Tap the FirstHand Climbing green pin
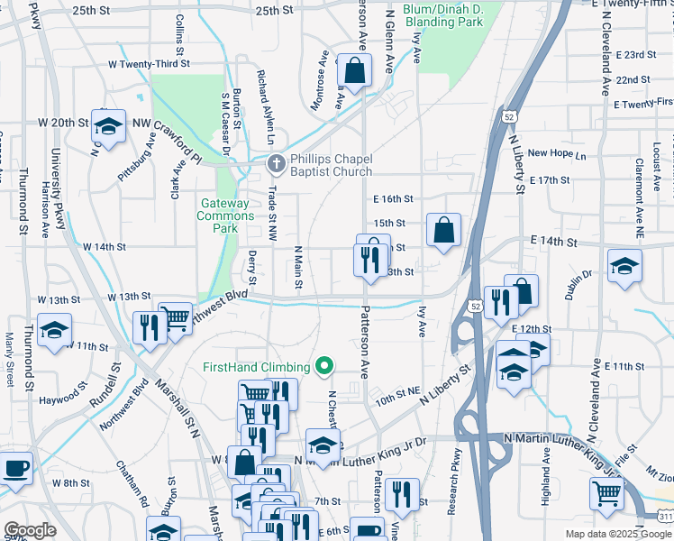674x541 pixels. [326, 367]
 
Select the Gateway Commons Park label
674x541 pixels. [226, 216]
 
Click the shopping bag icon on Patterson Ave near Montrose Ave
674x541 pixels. [355, 69]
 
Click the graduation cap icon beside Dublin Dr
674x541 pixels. [624, 267]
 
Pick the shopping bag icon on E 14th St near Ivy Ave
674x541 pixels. [444, 230]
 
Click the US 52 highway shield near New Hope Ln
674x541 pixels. [511, 117]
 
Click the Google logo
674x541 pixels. [30, 530]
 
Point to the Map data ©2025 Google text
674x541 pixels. [616, 534]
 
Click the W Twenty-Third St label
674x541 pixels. [149, 64]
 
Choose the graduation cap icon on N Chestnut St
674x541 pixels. [322, 445]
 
